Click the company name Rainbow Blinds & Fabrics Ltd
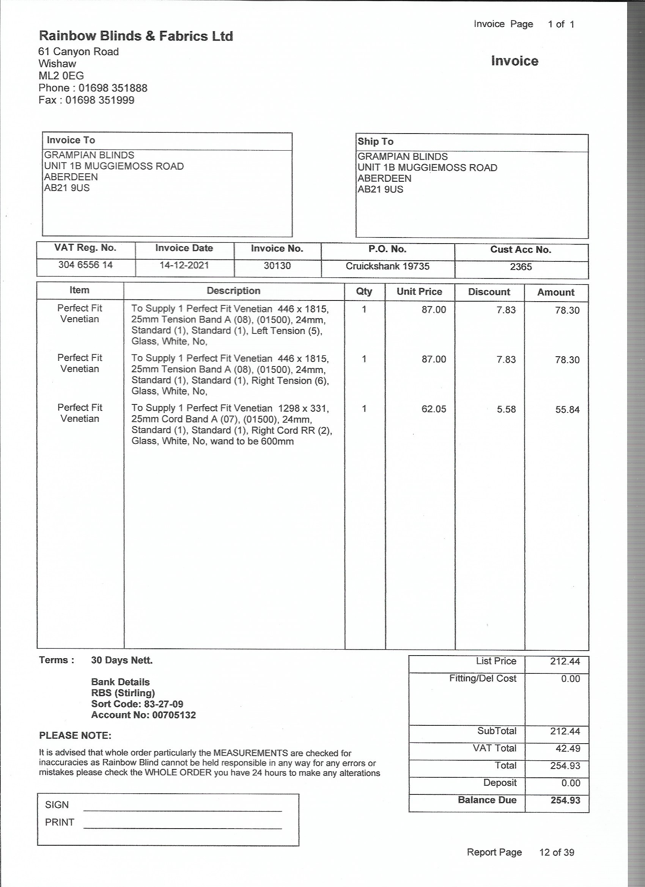coord(136,36)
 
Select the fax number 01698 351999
coord(100,100)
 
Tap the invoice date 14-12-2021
coord(184,265)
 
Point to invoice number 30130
coord(277,266)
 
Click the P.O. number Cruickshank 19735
coord(387,266)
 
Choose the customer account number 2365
coord(521,267)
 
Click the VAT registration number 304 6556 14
coord(85,265)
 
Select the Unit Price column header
coord(419,291)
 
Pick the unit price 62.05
coord(433,409)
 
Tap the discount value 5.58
coord(506,409)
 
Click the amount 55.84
coord(567,410)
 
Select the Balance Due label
coord(487,800)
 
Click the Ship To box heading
coord(375,142)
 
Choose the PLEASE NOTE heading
coord(75,736)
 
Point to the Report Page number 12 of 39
coord(556,852)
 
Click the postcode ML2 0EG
coord(61,76)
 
